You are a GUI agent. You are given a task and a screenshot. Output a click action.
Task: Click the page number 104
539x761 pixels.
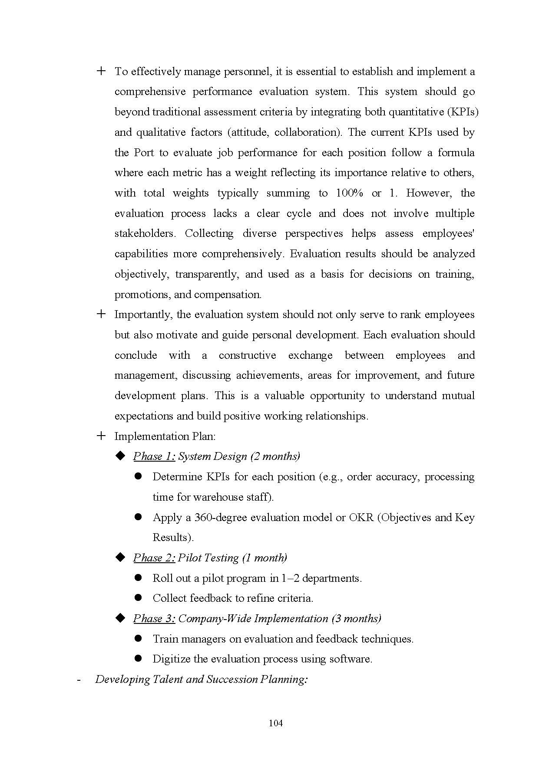click(x=276, y=723)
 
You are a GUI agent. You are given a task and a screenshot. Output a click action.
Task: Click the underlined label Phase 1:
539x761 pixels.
click(x=154, y=456)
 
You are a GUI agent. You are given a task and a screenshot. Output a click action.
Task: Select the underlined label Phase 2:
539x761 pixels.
click(x=154, y=558)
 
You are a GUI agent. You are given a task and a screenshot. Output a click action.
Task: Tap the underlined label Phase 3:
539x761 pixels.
click(x=154, y=619)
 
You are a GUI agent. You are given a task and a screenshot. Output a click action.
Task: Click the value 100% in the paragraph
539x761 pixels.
click(x=349, y=193)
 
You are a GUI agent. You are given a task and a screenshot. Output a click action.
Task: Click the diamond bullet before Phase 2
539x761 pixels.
click(x=120, y=557)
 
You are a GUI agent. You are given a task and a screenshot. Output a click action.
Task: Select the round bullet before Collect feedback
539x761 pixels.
click(x=139, y=598)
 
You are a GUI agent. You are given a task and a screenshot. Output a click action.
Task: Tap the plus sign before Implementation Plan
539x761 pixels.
click(x=101, y=436)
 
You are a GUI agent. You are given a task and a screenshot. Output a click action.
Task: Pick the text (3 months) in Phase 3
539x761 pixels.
click(x=356, y=619)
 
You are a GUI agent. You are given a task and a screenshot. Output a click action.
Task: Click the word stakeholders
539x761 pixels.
click(x=145, y=234)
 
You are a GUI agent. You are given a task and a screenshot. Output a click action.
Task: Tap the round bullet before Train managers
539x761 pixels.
click(x=139, y=638)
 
